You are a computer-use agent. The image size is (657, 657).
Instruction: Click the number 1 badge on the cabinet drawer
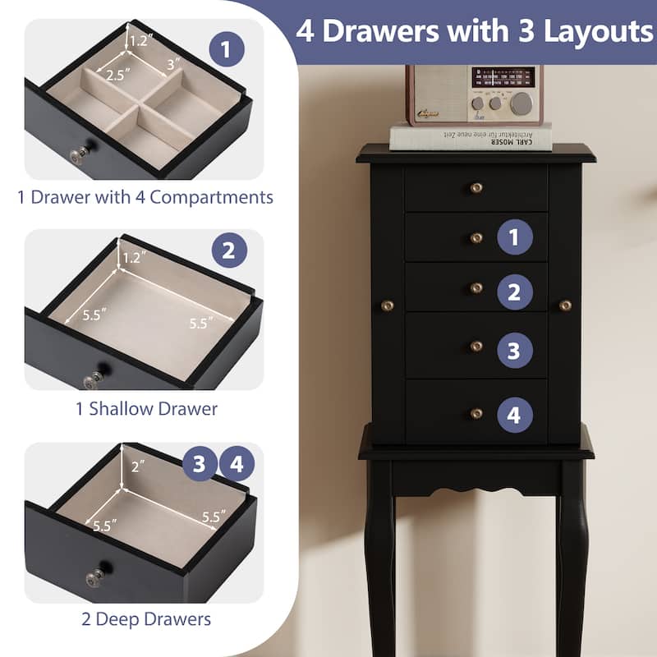(514, 237)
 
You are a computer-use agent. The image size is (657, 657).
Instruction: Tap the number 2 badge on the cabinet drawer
(514, 292)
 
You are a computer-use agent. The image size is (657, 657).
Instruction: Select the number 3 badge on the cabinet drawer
(514, 351)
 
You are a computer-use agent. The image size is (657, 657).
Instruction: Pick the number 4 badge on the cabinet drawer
(514, 415)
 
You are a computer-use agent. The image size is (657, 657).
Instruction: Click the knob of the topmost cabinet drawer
(476, 188)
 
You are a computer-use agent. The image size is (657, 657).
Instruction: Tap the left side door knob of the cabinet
(387, 306)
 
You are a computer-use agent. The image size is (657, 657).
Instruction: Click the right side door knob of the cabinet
(565, 306)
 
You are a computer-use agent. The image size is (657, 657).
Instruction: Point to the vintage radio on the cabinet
(474, 94)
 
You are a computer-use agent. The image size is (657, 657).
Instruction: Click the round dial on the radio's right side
(521, 103)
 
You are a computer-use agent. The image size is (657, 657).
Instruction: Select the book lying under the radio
(471, 136)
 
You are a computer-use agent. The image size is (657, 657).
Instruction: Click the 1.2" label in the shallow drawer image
(132, 257)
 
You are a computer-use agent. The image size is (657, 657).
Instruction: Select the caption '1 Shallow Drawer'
(147, 408)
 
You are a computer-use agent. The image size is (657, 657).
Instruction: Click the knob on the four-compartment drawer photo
(80, 154)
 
